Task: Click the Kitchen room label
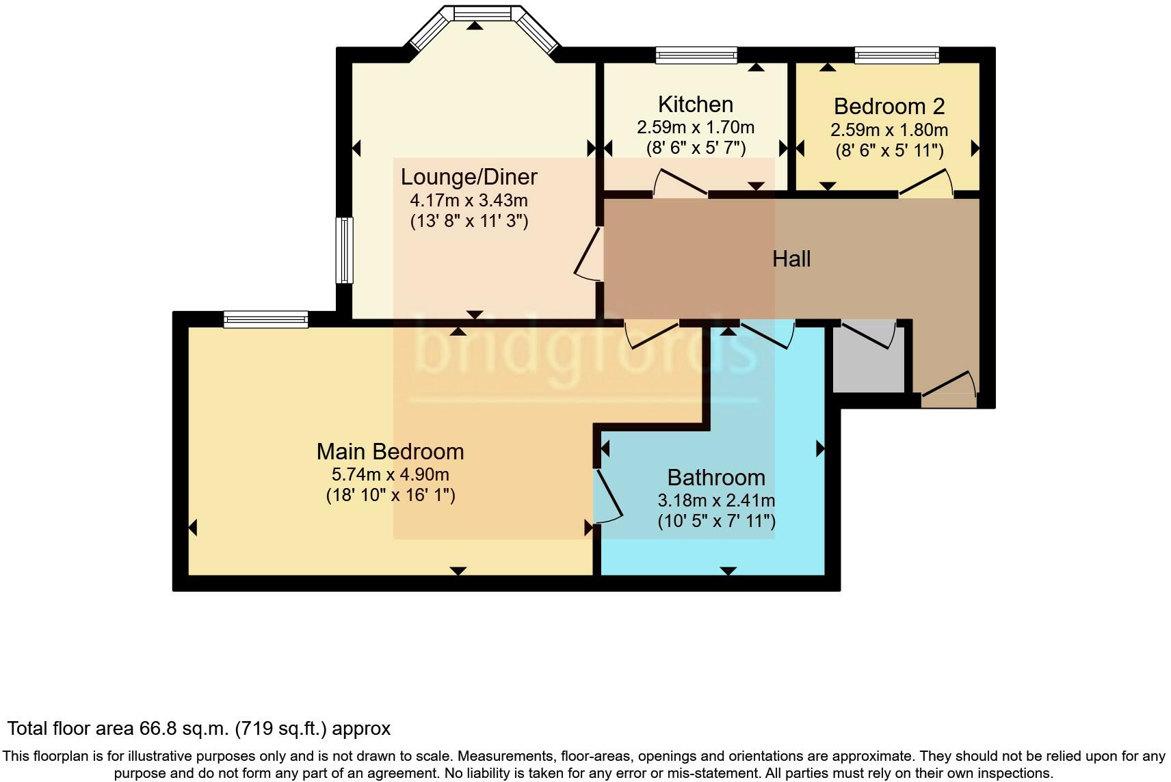click(695, 105)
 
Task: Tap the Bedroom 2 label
click(889, 107)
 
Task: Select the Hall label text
click(791, 259)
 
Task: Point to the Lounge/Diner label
click(469, 177)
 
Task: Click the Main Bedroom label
click(390, 452)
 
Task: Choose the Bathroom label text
click(716, 477)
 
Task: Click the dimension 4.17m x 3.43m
click(469, 201)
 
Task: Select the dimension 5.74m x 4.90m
click(390, 474)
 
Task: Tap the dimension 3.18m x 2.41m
click(716, 500)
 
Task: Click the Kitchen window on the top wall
click(696, 55)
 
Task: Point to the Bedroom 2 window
click(896, 55)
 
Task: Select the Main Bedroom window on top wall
click(265, 319)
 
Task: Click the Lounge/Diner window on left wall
click(344, 250)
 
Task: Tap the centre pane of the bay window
click(482, 13)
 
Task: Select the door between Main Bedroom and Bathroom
click(609, 494)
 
